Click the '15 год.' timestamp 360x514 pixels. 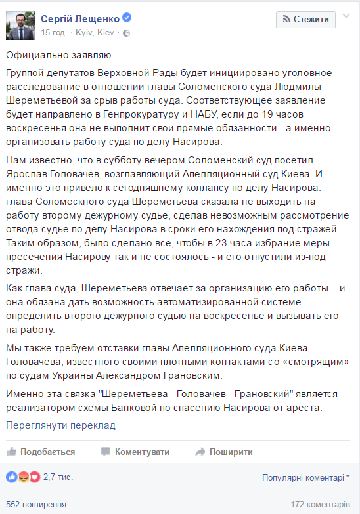(x=53, y=32)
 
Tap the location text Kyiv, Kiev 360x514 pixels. (x=95, y=32)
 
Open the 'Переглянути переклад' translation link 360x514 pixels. (x=60, y=425)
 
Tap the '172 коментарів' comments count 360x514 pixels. (x=321, y=505)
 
